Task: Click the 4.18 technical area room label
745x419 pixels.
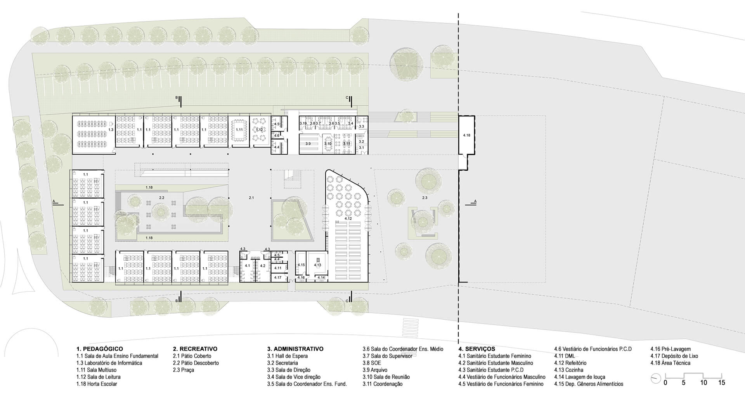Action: tap(466, 135)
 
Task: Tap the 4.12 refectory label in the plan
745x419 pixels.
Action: tap(348, 219)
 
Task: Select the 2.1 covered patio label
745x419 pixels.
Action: tap(251, 198)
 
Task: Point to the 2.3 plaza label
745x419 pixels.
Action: tap(424, 198)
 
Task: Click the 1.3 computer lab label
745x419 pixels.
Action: tap(111, 129)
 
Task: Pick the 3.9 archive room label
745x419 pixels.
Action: tap(308, 144)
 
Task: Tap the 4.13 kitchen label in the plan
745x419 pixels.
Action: tap(317, 265)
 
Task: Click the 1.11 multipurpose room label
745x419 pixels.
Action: tap(239, 129)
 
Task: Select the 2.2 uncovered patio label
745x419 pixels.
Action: tap(162, 198)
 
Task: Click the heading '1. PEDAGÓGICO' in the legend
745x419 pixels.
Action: tap(100, 349)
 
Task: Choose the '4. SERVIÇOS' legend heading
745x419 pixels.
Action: tap(476, 349)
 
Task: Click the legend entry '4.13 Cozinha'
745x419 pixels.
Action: tap(569, 370)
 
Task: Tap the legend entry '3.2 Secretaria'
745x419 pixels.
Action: tap(282, 363)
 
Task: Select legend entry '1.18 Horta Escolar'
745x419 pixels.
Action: tap(97, 384)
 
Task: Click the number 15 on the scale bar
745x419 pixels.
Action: tap(721, 383)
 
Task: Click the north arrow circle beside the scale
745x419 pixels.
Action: tap(656, 379)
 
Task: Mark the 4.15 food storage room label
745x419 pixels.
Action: tap(301, 265)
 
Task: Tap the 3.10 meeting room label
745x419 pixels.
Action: tap(328, 144)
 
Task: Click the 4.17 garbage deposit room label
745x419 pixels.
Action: tap(278, 277)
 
